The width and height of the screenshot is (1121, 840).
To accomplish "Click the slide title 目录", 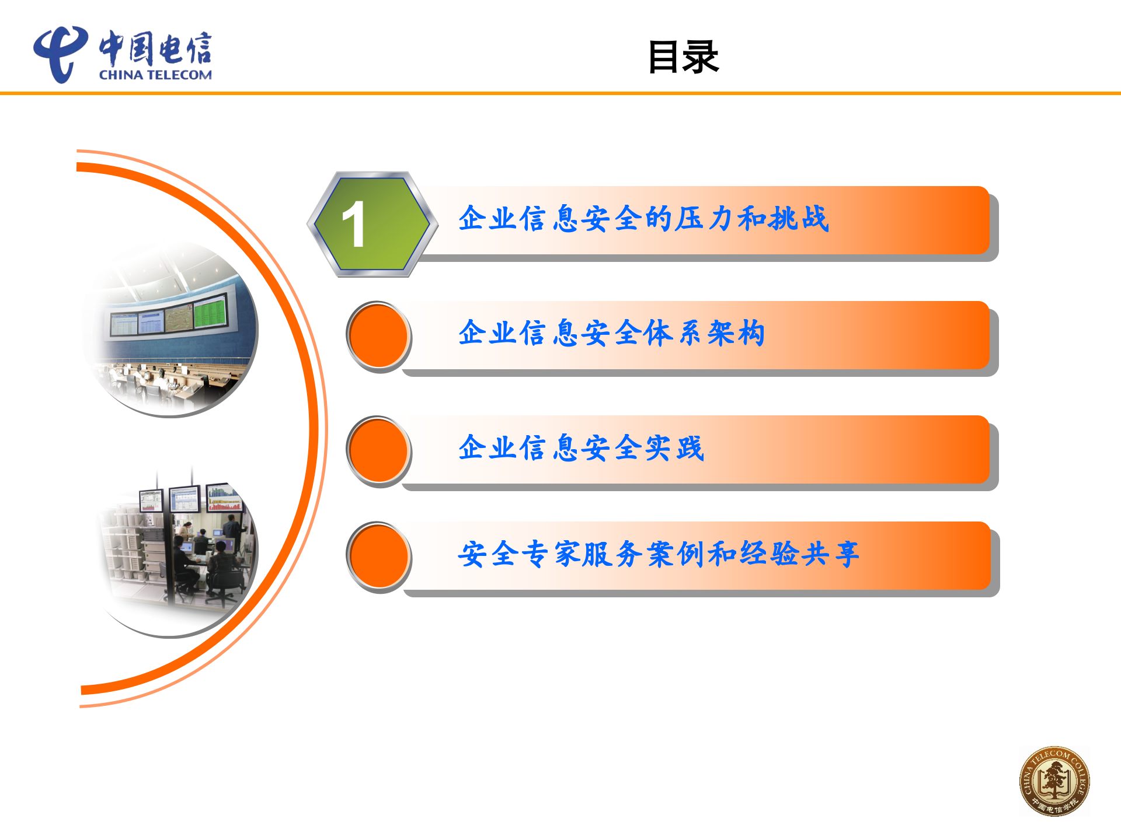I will [x=683, y=57].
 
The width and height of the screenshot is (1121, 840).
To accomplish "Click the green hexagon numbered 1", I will [x=372, y=224].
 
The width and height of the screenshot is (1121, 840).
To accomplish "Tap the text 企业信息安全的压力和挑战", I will [x=643, y=219].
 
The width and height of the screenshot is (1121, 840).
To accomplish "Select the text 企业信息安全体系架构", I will [x=611, y=333].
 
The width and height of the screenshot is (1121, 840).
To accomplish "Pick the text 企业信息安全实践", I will [x=581, y=448].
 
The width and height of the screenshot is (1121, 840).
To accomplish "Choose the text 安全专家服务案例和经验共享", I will [x=658, y=554].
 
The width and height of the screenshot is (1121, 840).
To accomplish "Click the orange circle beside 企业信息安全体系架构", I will [x=378, y=337].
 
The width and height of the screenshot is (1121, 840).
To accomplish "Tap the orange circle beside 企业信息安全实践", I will [x=378, y=451].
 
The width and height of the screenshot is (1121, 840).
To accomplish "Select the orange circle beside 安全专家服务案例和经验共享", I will [x=378, y=557].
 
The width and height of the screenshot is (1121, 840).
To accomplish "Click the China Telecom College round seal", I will [x=1054, y=781].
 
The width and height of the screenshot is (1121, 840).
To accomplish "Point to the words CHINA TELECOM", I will [x=155, y=75].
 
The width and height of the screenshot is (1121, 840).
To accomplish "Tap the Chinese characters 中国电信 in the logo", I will [x=155, y=48].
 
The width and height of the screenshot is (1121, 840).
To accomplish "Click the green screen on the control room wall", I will [x=210, y=311].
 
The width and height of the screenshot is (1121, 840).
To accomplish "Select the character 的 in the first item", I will [x=659, y=219].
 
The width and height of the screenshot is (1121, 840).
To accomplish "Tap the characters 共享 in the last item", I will [x=830, y=554].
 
